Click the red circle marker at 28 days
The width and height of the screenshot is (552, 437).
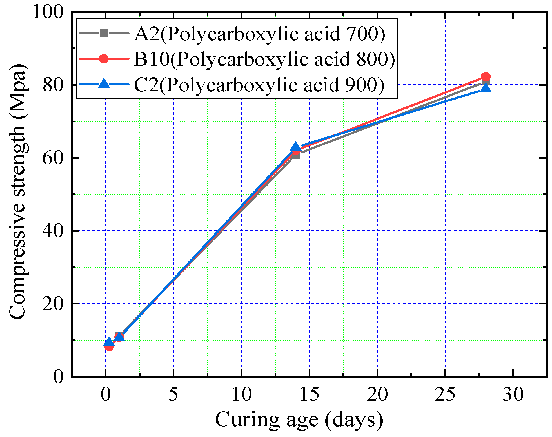(486, 77)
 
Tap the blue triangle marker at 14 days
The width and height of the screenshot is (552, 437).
(296, 147)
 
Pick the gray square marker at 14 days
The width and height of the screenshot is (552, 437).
(296, 155)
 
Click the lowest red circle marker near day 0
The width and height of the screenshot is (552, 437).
(109, 346)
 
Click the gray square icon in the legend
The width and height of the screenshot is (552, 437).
(104, 33)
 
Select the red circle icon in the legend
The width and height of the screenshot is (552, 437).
(104, 59)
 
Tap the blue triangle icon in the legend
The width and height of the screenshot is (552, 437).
(104, 84)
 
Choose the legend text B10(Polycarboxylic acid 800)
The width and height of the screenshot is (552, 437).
(264, 59)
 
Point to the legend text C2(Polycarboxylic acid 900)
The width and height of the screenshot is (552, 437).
(259, 85)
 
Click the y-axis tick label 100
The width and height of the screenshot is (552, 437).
(48, 13)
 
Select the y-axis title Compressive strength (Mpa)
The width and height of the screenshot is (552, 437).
(17, 192)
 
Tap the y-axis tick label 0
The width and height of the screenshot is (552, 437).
(58, 377)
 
